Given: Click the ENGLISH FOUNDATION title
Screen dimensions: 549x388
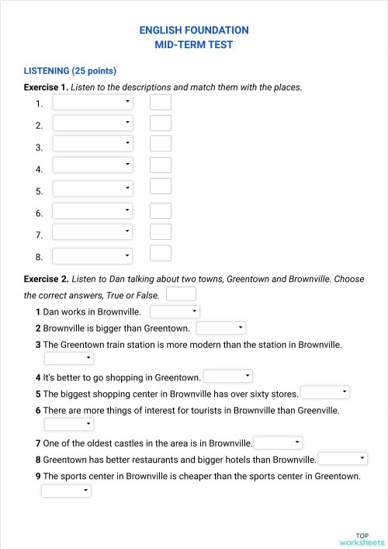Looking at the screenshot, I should click(x=194, y=30).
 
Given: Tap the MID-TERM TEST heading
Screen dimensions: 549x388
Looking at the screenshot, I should click(x=194, y=44).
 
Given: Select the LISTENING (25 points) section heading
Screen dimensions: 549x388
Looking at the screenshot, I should click(x=70, y=70).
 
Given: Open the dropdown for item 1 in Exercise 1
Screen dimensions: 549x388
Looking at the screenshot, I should click(x=92, y=103).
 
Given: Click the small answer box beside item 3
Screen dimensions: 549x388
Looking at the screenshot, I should click(x=161, y=144).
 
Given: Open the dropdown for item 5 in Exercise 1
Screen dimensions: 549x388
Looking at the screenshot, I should click(x=92, y=189).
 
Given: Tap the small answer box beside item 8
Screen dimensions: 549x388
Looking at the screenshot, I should click(x=161, y=253).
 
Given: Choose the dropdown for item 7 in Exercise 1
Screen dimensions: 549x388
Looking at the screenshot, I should click(x=92, y=232).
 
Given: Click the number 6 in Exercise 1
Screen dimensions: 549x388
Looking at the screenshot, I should click(x=39, y=213).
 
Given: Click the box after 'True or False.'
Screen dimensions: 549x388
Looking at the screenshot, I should click(x=181, y=294).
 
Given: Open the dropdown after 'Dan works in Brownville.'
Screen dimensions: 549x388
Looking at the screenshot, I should click(x=175, y=311).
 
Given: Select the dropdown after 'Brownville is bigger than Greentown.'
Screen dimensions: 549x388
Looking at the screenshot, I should click(x=220, y=328).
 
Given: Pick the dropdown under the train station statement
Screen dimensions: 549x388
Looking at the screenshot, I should click(x=68, y=358).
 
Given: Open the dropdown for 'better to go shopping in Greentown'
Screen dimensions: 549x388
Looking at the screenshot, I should click(x=227, y=377).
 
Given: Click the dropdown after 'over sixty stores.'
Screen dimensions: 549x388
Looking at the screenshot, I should click(x=324, y=393).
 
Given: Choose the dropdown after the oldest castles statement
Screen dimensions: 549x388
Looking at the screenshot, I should click(x=277, y=443).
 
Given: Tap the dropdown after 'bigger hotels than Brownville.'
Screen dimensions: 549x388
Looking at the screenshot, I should click(x=342, y=459).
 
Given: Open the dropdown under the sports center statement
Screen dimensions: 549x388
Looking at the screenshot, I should click(x=66, y=491).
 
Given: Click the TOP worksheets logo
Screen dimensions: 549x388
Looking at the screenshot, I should click(x=362, y=539).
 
